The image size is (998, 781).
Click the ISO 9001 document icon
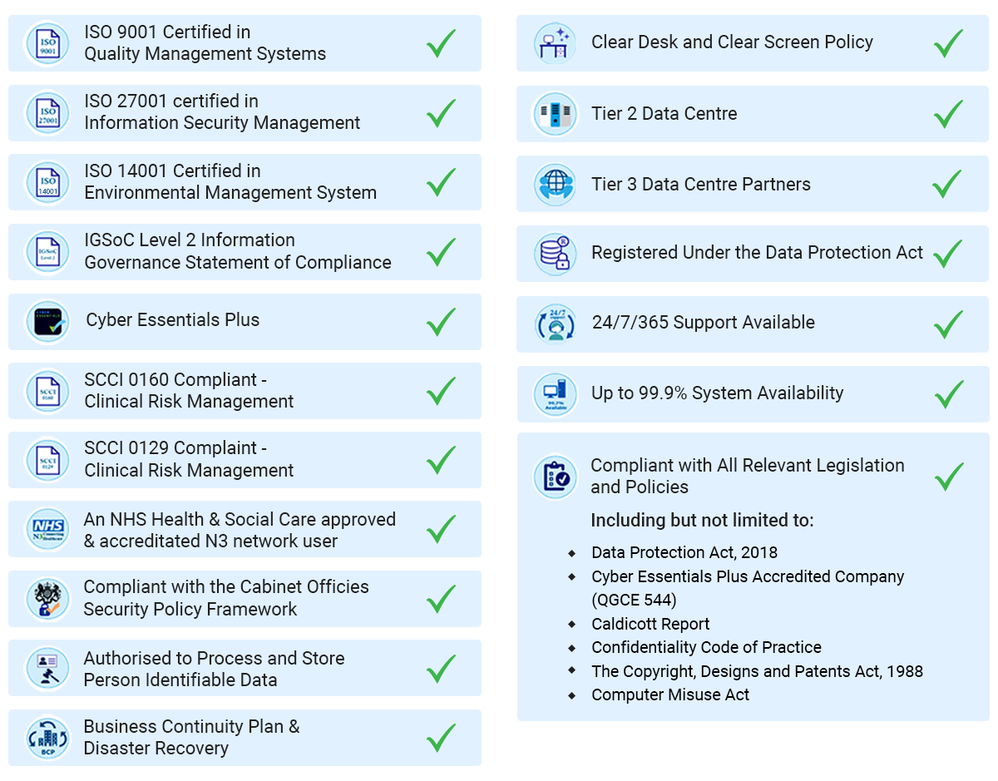(48, 43)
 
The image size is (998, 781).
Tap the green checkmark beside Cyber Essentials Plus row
(441, 321)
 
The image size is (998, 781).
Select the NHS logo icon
(48, 529)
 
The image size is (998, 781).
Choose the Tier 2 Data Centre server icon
(555, 114)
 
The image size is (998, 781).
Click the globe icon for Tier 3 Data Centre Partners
(555, 185)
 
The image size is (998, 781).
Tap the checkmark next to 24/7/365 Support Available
(948, 323)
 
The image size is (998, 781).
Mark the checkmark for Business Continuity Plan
(441, 737)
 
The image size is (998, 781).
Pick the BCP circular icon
(48, 738)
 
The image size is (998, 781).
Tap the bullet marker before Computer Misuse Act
(572, 694)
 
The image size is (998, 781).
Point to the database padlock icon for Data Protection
(555, 254)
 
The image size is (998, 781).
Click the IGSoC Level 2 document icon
(48, 251)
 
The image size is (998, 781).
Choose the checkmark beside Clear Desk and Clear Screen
(948, 43)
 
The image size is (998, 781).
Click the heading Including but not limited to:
(702, 521)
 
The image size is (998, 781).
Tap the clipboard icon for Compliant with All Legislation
(555, 477)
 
